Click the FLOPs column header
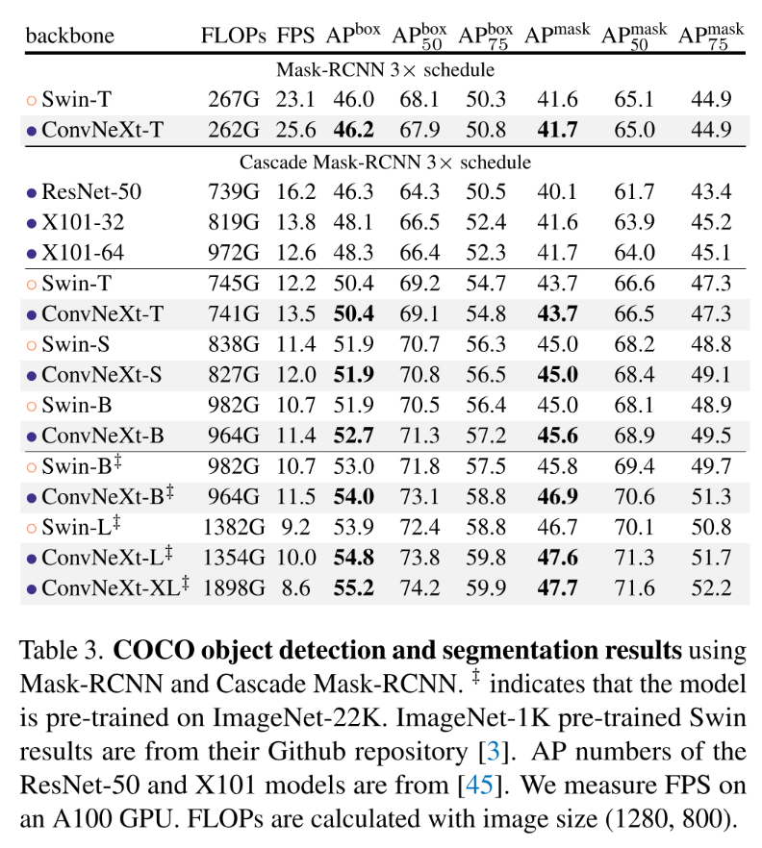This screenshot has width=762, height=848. tap(233, 37)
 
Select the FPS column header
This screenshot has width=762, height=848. tap(295, 37)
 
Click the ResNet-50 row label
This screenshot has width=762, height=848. tap(90, 192)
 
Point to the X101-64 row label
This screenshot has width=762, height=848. tap(85, 253)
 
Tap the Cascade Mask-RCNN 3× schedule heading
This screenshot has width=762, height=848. tap(384, 162)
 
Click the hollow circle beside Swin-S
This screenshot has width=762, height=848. tap(32, 344)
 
